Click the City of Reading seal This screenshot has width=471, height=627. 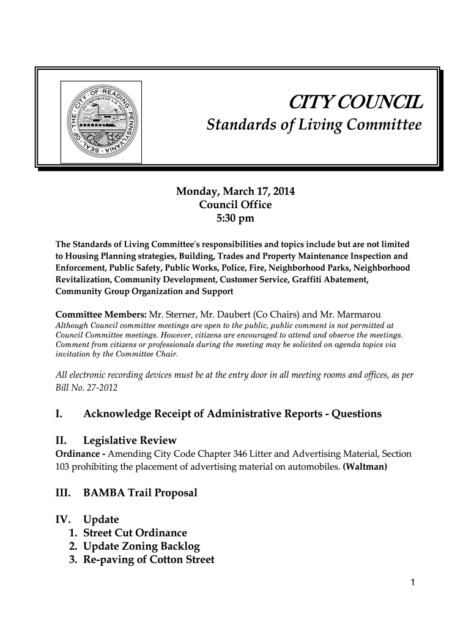pyautogui.click(x=101, y=121)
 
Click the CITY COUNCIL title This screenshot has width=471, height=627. pyautogui.click(x=354, y=102)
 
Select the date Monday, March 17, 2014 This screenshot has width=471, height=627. pyautogui.click(x=235, y=192)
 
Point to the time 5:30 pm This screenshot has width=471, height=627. pyautogui.click(x=236, y=218)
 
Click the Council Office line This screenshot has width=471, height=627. pyautogui.click(x=236, y=205)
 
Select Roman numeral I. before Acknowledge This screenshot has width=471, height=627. pyautogui.click(x=59, y=414)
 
